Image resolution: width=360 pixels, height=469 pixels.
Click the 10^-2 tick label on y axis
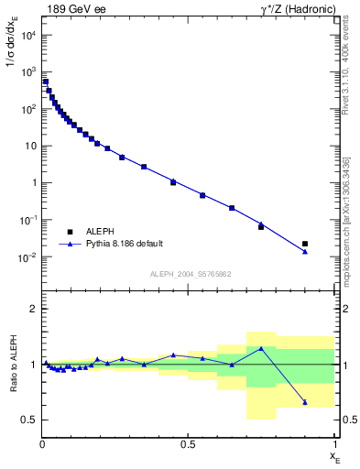[27, 257]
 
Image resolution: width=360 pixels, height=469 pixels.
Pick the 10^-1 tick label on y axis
[27, 220]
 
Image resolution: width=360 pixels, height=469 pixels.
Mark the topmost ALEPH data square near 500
[46, 82]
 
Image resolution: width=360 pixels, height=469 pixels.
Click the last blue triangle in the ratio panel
[305, 402]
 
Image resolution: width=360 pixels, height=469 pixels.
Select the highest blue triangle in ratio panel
[261, 348]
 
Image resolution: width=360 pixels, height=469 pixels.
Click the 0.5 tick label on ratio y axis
[29, 420]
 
